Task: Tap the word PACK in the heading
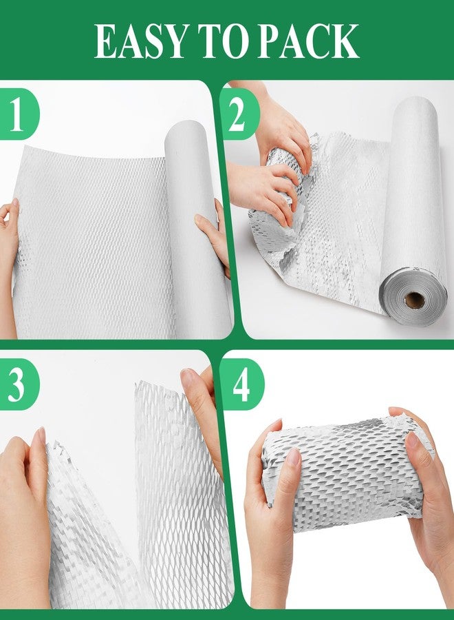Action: point(308,41)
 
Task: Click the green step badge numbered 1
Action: point(18,114)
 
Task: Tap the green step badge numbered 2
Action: point(239,114)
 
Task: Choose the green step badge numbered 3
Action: point(18,384)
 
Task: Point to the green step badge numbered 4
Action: point(241,384)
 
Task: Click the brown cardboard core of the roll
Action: point(415,300)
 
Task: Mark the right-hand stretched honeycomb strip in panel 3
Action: point(182,494)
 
